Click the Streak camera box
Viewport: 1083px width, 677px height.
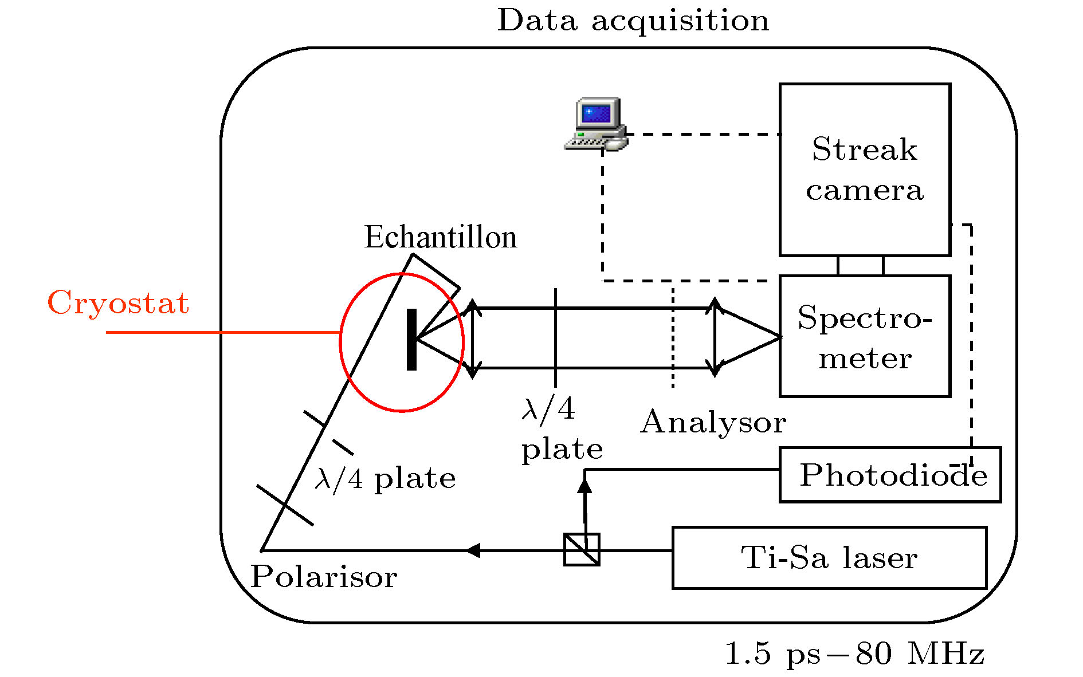click(x=864, y=170)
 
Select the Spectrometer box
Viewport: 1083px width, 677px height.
click(x=864, y=336)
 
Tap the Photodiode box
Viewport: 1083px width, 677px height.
click(x=889, y=475)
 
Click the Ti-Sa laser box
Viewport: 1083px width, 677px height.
click(x=829, y=557)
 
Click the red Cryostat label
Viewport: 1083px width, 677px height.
click(x=118, y=302)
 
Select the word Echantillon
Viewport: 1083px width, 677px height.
click(x=440, y=237)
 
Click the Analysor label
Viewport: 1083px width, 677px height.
click(x=713, y=423)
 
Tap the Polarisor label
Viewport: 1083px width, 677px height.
click(x=324, y=576)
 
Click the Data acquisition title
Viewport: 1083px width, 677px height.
click(x=633, y=21)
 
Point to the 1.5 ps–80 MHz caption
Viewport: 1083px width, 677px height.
click(x=854, y=653)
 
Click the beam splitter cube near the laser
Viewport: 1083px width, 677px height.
click(x=582, y=550)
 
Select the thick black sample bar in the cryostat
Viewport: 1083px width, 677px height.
click(x=411, y=340)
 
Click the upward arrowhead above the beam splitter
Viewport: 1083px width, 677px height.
click(x=584, y=486)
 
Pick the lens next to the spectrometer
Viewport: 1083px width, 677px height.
click(x=715, y=337)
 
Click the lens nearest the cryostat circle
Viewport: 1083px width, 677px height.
click(x=472, y=338)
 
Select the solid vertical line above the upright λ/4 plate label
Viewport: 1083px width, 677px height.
click(x=555, y=337)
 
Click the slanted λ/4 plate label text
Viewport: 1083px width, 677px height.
click(x=385, y=478)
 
